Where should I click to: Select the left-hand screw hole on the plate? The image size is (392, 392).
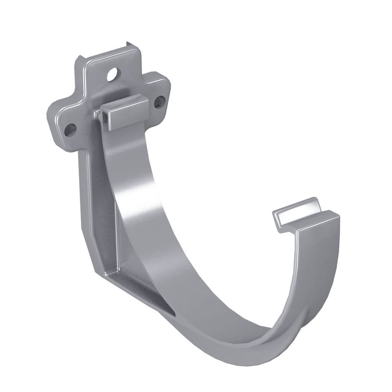[x=71, y=129]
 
